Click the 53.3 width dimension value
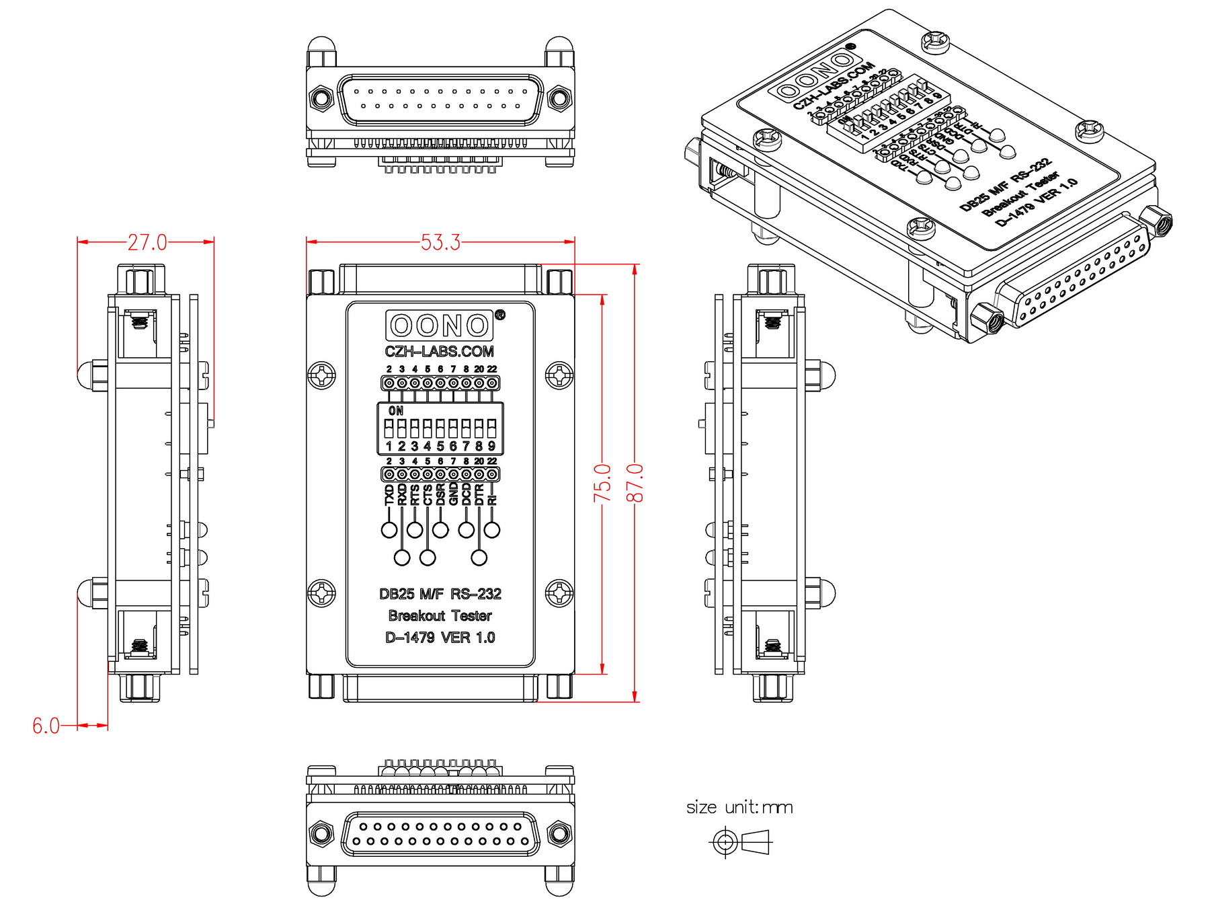[x=440, y=242]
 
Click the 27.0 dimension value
[x=147, y=242]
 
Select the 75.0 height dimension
[x=602, y=482]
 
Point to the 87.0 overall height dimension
[x=635, y=482]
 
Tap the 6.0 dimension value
[x=46, y=726]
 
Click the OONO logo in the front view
[x=440, y=326]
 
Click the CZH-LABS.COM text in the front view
[x=440, y=351]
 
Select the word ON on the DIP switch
[x=396, y=410]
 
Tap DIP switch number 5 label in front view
[x=440, y=446]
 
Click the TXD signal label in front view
[x=389, y=496]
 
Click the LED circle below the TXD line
[x=389, y=530]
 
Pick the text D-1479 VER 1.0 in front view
[x=440, y=638]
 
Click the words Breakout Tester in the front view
[x=440, y=615]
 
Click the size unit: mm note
[x=739, y=807]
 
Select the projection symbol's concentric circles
[x=725, y=841]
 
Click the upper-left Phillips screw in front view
[x=321, y=375]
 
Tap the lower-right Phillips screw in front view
[x=559, y=593]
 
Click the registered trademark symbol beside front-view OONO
[x=499, y=314]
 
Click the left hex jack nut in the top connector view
[x=321, y=99]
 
